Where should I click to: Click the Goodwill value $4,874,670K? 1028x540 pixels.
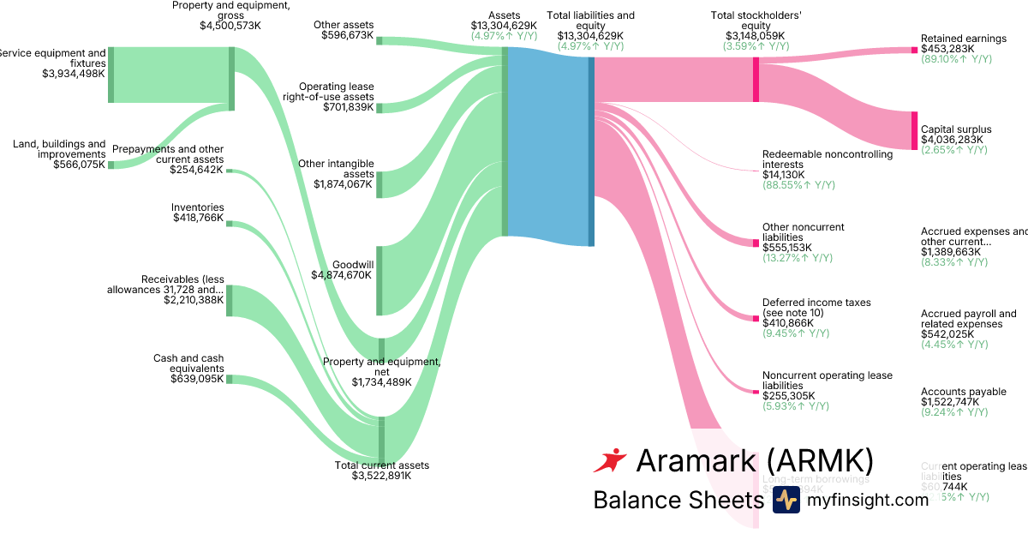(x=341, y=275)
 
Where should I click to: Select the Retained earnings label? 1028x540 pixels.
(x=963, y=39)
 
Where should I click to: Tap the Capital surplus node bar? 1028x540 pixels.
(x=913, y=131)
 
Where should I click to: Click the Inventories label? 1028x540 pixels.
(x=197, y=207)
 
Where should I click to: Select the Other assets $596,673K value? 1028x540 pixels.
(x=347, y=35)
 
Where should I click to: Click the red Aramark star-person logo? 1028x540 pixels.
(x=610, y=461)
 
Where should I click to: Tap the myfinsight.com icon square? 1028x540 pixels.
(x=786, y=500)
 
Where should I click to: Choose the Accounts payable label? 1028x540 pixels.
(x=963, y=392)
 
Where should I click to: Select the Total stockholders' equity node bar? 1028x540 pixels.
(x=756, y=80)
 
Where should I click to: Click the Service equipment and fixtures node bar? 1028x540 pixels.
(x=111, y=75)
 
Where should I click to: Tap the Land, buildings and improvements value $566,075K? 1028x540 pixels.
(x=79, y=165)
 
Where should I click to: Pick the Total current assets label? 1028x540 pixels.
(x=381, y=465)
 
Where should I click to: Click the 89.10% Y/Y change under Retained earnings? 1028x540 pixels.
(x=956, y=59)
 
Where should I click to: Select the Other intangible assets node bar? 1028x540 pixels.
(x=380, y=184)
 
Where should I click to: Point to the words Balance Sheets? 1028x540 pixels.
(x=678, y=500)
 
